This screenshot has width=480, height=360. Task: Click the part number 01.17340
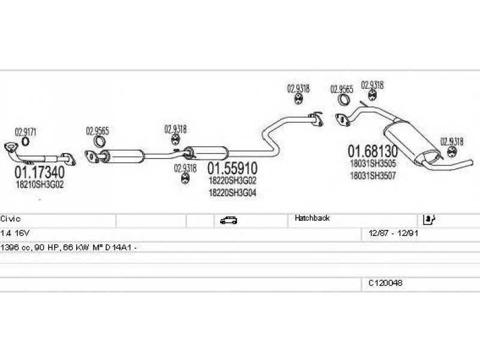click(40, 172)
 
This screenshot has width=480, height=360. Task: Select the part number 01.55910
click(233, 169)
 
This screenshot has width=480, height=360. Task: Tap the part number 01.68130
click(373, 151)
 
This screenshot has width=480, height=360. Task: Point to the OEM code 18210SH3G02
click(40, 185)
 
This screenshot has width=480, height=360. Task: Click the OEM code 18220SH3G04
click(232, 193)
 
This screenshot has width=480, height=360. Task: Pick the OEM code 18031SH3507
click(373, 176)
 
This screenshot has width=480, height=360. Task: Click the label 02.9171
click(26, 132)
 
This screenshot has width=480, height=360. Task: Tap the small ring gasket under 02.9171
click(26, 142)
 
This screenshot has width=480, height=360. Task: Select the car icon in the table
click(229, 220)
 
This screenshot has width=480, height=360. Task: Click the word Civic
click(10, 219)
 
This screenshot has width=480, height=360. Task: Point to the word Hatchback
click(312, 218)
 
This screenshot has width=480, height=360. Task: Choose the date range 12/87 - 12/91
click(394, 233)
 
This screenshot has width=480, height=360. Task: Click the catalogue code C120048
click(385, 283)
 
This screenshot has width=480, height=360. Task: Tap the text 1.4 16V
click(14, 233)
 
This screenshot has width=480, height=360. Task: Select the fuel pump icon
click(429, 219)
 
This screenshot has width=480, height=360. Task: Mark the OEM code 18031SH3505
click(373, 163)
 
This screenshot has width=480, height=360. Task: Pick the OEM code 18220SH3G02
click(232, 181)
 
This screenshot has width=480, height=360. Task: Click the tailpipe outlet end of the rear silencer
click(472, 162)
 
